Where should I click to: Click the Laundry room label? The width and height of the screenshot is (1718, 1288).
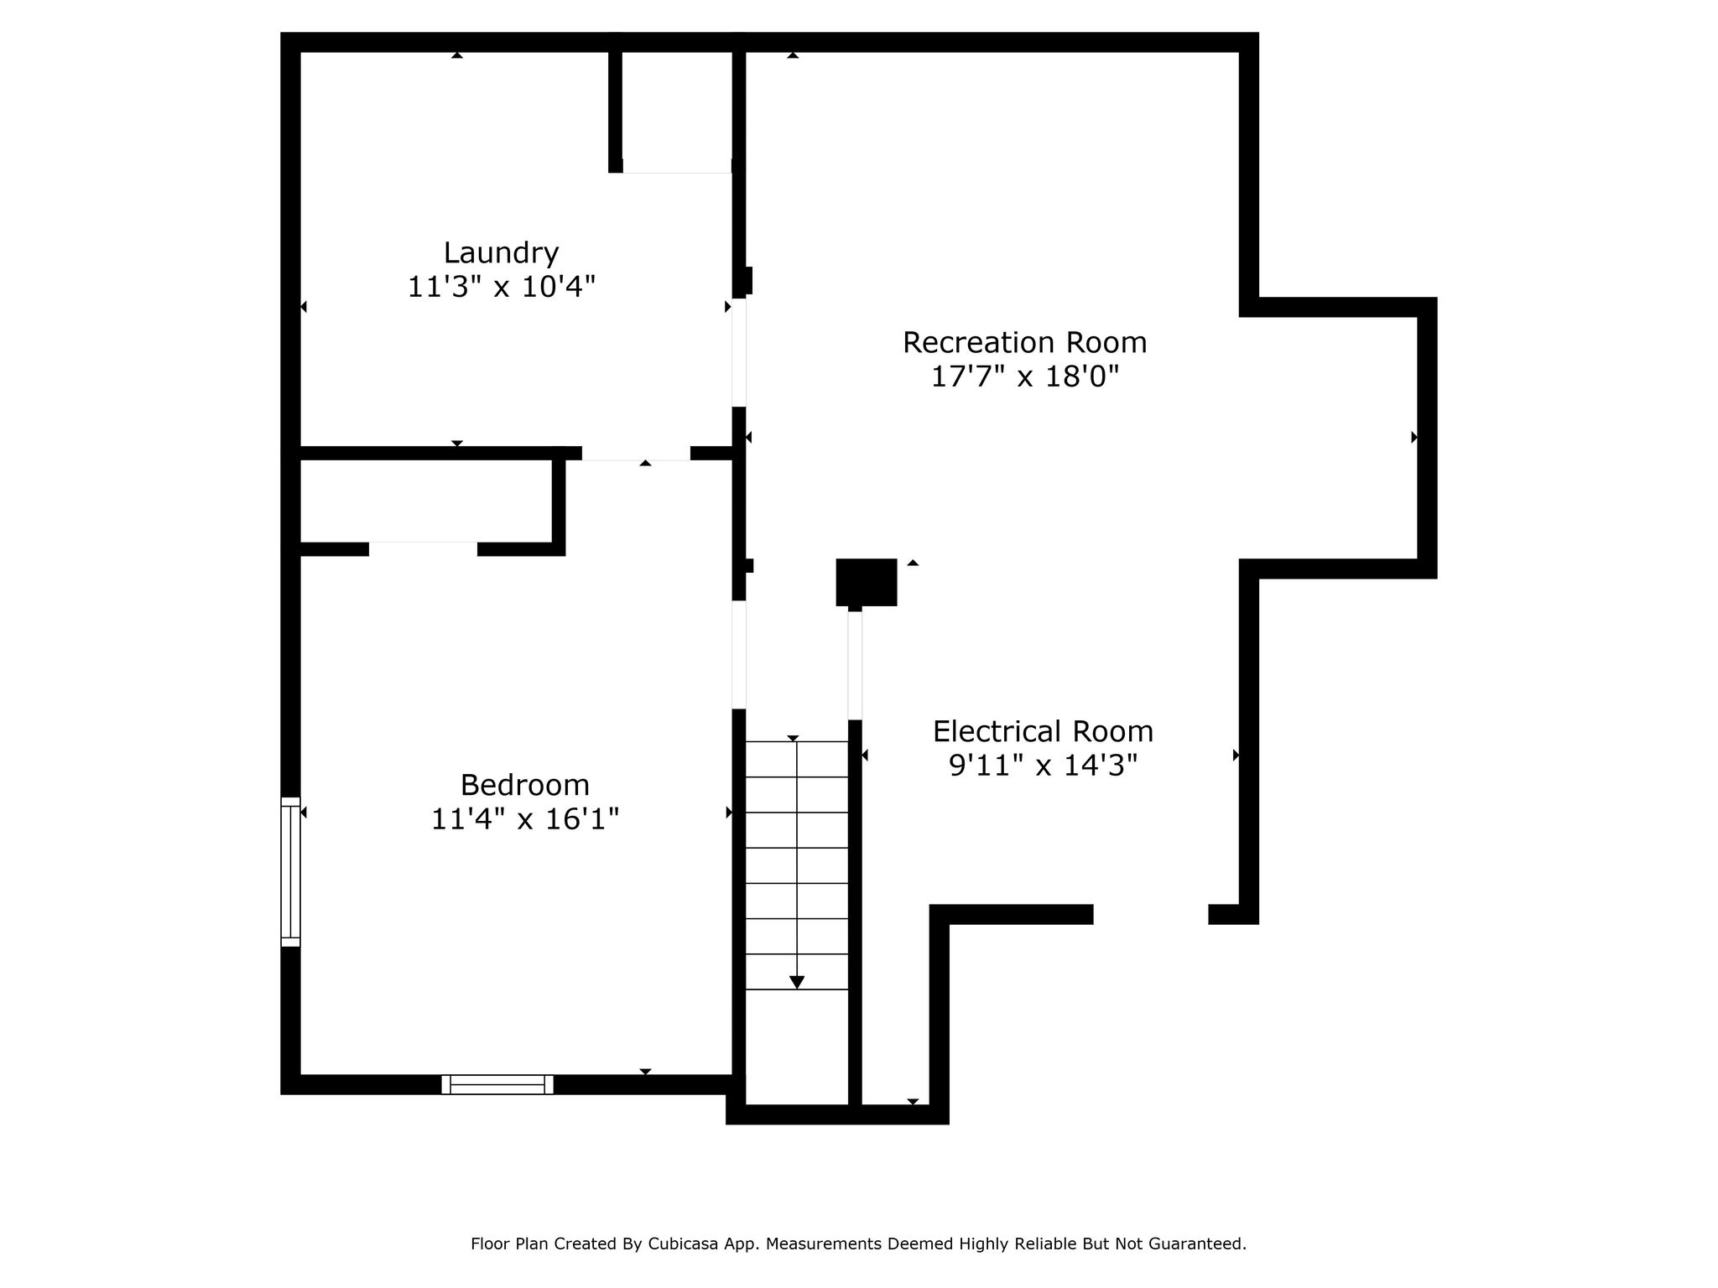point(501,252)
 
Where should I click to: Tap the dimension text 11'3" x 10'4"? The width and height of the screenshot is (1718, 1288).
point(501,287)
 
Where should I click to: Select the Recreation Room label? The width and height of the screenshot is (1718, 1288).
point(1024,342)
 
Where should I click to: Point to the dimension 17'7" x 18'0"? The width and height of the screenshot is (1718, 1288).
point(1025,377)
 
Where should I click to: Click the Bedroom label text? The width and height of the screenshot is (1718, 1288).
point(524,785)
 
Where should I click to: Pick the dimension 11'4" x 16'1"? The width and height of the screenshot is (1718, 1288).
point(525,818)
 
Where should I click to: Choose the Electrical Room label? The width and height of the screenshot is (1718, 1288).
point(1043,731)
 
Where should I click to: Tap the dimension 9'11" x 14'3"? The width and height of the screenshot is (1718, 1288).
point(1043,765)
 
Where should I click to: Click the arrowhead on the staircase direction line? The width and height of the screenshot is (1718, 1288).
point(797,982)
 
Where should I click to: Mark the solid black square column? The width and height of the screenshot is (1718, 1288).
point(867,582)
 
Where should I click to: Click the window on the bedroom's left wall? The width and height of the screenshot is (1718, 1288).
point(290,872)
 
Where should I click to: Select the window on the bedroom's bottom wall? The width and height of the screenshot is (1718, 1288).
point(497,1084)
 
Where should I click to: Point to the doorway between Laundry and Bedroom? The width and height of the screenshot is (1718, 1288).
point(636,454)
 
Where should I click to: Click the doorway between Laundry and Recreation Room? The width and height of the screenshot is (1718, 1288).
point(739,352)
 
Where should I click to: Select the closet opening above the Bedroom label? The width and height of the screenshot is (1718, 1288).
point(423,549)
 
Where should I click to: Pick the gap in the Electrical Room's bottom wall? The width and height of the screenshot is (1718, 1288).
point(1150,915)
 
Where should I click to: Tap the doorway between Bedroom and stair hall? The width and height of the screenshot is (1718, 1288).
point(739,655)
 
